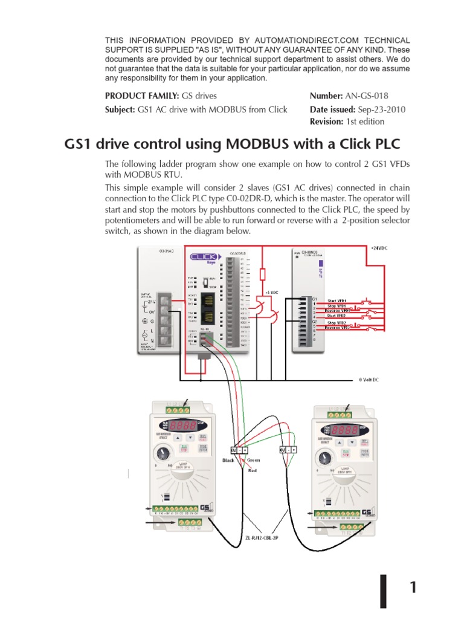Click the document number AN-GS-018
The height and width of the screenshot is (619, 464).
(366, 96)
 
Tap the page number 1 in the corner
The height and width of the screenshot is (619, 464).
(413, 587)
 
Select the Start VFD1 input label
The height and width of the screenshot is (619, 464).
(337, 300)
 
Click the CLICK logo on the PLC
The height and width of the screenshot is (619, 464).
(204, 256)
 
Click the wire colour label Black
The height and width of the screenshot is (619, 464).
(227, 460)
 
